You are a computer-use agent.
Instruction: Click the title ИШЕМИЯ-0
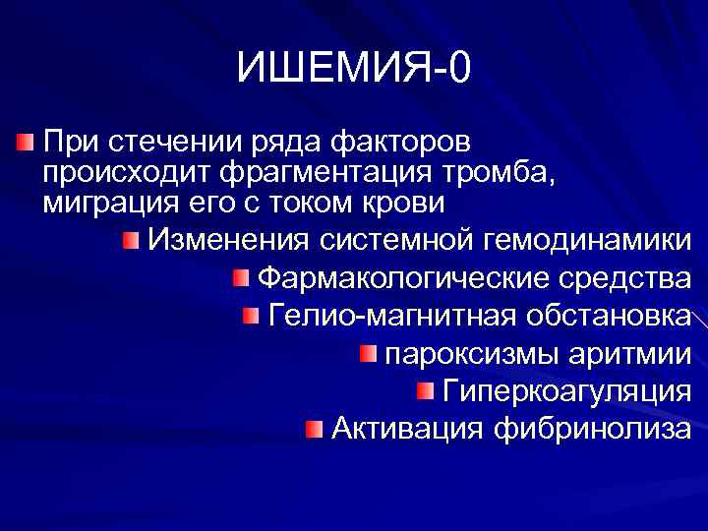click(354, 69)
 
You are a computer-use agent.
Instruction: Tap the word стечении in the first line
click(158, 141)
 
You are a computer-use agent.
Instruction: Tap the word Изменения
click(230, 240)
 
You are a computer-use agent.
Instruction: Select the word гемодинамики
click(588, 240)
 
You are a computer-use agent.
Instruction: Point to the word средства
click(624, 278)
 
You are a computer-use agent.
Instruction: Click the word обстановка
click(608, 316)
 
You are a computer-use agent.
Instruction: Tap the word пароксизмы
click(464, 353)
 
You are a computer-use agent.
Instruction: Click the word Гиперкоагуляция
click(566, 390)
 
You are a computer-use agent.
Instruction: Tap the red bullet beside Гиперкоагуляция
click(424, 391)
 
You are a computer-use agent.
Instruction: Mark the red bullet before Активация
click(312, 429)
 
